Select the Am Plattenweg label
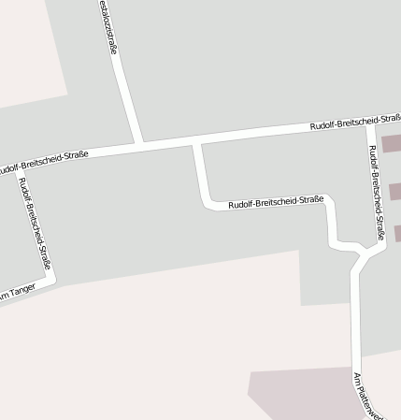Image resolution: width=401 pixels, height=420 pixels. (x=360, y=396)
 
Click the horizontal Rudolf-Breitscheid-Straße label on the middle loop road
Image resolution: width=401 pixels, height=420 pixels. (x=276, y=201)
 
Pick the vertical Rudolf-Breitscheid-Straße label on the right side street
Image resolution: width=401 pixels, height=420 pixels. (x=376, y=192)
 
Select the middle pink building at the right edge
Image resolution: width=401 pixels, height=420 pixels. (x=394, y=190)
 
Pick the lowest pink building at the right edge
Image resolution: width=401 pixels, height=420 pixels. (x=397, y=232)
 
